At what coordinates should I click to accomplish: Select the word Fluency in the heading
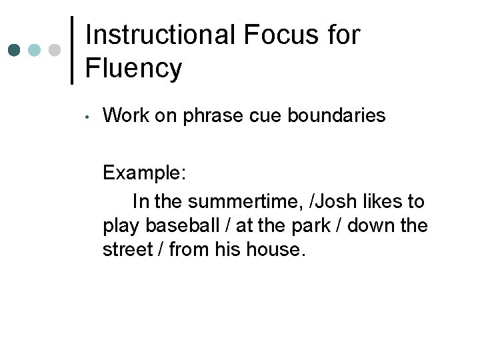[133, 68]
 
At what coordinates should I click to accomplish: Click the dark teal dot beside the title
[13, 50]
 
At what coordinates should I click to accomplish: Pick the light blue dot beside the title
[34, 50]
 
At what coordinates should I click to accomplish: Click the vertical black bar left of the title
[72, 50]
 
